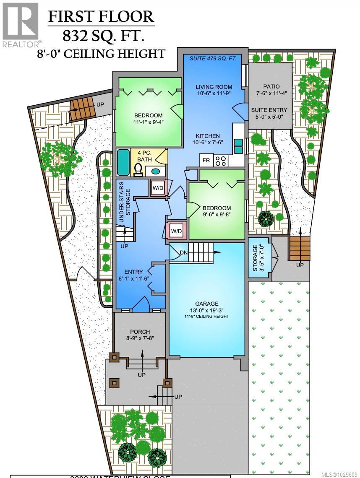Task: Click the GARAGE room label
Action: tap(206, 304)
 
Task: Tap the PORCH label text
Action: tap(140, 332)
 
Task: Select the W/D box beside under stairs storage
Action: tap(158, 188)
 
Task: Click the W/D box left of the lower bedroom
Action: tap(176, 231)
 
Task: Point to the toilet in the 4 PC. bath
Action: tap(138, 169)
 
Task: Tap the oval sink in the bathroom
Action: tap(155, 171)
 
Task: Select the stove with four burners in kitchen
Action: tap(221, 160)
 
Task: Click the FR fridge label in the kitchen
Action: tap(206, 160)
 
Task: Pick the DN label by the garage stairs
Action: tap(184, 252)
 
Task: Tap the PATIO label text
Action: tap(271, 86)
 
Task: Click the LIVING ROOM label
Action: tap(214, 87)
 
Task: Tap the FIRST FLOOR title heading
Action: tap(101, 16)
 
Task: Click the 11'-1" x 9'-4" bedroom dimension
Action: tap(148, 123)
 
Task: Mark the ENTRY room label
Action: tap(133, 272)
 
